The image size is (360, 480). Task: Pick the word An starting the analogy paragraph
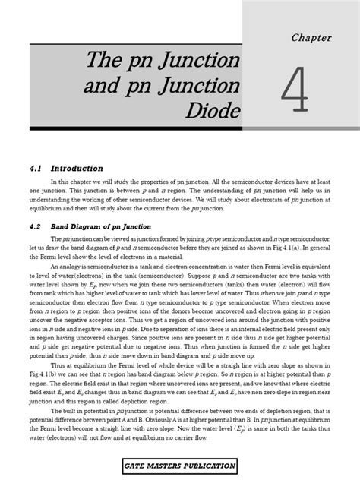point(55,267)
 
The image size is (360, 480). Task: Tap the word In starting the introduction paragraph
point(54,182)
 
